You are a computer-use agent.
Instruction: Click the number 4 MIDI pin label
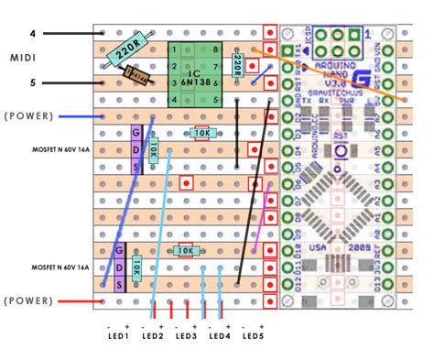(x=32, y=35)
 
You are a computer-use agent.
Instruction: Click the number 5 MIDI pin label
(x=32, y=83)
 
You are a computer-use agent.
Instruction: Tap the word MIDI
(x=23, y=58)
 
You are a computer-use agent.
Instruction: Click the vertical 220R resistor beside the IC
(x=237, y=64)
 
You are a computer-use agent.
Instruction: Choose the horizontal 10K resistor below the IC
(x=203, y=134)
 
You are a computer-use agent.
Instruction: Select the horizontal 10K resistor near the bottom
(x=184, y=250)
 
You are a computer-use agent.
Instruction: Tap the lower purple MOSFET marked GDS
(x=118, y=267)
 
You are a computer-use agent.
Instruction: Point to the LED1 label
(x=118, y=336)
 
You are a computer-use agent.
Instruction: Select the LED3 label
(x=186, y=336)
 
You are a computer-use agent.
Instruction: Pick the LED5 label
(x=253, y=336)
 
